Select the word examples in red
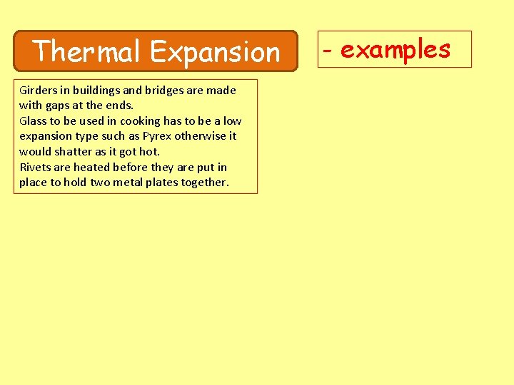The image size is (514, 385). point(395,49)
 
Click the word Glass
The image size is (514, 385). point(33,120)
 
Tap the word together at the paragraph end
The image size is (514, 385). point(206,183)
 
